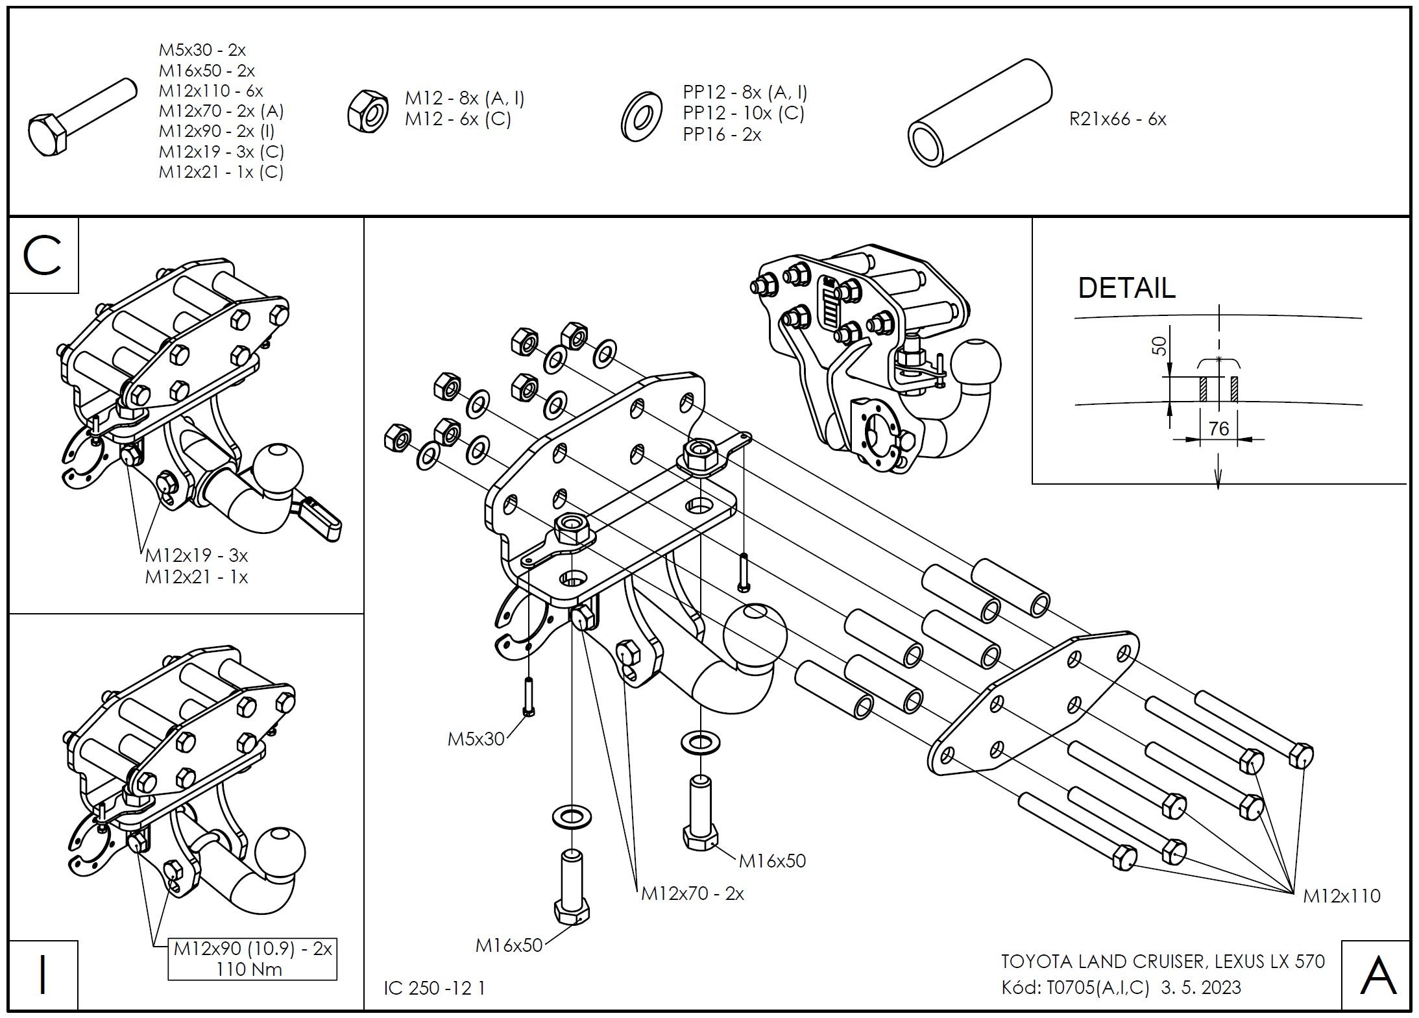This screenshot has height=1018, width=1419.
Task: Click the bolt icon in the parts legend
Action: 81,117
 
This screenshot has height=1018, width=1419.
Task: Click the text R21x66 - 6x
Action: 1117,119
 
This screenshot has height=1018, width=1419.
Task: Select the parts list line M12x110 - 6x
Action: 211,91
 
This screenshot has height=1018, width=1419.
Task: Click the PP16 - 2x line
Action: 722,135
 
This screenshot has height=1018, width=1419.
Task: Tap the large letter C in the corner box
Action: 43,256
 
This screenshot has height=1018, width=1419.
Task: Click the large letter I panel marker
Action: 43,975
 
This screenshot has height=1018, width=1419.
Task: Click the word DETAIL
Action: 1126,288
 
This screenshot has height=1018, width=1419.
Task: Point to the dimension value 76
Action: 1219,429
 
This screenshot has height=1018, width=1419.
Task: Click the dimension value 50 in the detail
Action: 1159,346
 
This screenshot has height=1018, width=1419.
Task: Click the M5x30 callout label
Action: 476,739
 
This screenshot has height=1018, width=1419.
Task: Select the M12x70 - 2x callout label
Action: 692,893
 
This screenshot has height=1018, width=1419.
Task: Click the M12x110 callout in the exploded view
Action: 1342,896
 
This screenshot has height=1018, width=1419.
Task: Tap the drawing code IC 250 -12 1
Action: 434,988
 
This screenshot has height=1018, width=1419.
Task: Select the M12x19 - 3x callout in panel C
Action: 197,555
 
